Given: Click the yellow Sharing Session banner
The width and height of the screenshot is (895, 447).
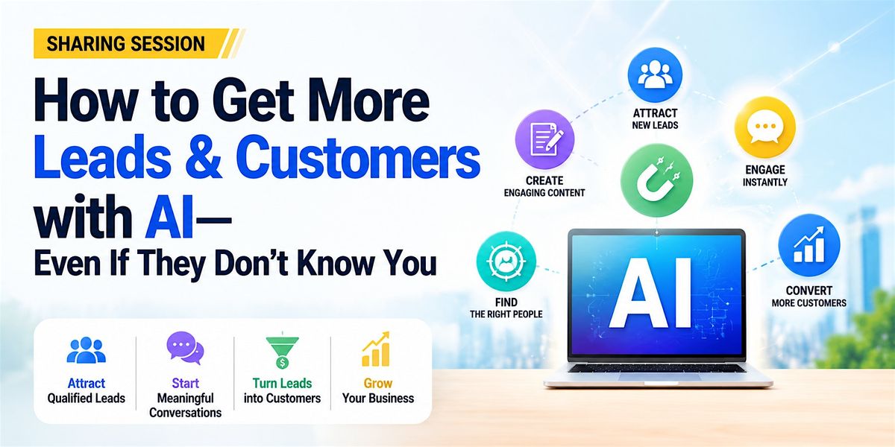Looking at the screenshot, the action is (x=136, y=43).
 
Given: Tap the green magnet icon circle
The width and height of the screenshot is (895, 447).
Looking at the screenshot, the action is (x=656, y=180).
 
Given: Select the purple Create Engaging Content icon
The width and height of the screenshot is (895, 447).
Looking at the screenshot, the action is (x=544, y=140).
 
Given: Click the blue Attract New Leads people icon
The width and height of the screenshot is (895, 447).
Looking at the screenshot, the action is (x=655, y=75).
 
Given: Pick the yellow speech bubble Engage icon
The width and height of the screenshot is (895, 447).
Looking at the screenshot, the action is (x=764, y=127).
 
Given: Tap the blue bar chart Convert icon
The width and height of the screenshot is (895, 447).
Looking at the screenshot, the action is (x=809, y=245).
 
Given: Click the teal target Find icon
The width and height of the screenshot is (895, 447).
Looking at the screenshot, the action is (x=506, y=261).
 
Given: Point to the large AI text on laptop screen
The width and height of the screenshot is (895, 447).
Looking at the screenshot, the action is (x=650, y=293).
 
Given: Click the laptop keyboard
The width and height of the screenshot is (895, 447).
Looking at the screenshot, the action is (x=657, y=368).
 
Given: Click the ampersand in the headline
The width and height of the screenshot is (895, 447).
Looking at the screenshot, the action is (x=203, y=158).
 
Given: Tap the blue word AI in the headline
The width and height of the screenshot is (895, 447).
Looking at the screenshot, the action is (x=169, y=218).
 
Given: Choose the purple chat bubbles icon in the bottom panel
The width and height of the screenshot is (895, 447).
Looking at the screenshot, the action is (x=185, y=348).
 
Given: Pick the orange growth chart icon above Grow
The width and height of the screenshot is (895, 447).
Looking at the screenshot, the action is (x=376, y=349).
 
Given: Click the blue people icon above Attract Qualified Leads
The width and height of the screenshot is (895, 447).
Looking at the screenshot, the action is (x=86, y=350).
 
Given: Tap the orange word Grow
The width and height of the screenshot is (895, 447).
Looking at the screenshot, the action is (x=378, y=383).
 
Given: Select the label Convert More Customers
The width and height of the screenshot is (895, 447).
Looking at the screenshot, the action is (x=809, y=297).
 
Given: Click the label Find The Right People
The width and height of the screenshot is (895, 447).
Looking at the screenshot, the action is (x=506, y=308).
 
